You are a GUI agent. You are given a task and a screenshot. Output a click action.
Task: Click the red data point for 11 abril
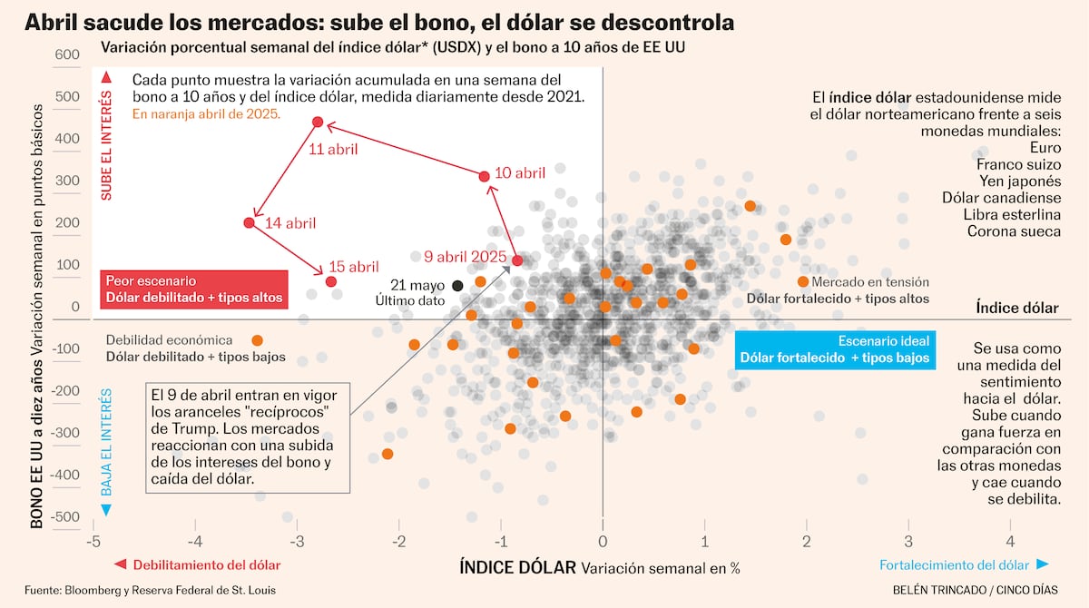(318, 122)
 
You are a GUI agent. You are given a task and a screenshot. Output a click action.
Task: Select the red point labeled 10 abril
(484, 176)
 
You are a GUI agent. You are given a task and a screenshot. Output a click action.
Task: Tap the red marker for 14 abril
(250, 223)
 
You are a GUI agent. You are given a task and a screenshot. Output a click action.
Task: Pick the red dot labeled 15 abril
(330, 281)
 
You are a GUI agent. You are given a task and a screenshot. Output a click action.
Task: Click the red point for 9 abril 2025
(517, 260)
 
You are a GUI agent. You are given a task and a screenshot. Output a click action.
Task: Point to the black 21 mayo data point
(457, 286)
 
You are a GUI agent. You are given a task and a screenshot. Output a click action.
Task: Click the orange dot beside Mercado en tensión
(802, 281)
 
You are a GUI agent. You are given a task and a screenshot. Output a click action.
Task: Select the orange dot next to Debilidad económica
(257, 340)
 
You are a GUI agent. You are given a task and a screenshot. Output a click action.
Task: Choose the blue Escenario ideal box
(834, 349)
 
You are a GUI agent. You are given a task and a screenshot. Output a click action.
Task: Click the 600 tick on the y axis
(67, 54)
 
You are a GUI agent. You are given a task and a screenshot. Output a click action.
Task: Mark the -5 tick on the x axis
(92, 542)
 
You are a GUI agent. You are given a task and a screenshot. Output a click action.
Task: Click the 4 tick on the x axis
(1010, 542)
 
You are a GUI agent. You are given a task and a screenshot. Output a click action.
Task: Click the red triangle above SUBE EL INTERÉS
(106, 77)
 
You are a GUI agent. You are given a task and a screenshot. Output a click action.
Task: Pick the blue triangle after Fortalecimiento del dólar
(1043, 564)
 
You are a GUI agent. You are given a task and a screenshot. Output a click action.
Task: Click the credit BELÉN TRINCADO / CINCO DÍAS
(975, 590)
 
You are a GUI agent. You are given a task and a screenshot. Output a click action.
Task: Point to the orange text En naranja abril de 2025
(206, 115)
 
